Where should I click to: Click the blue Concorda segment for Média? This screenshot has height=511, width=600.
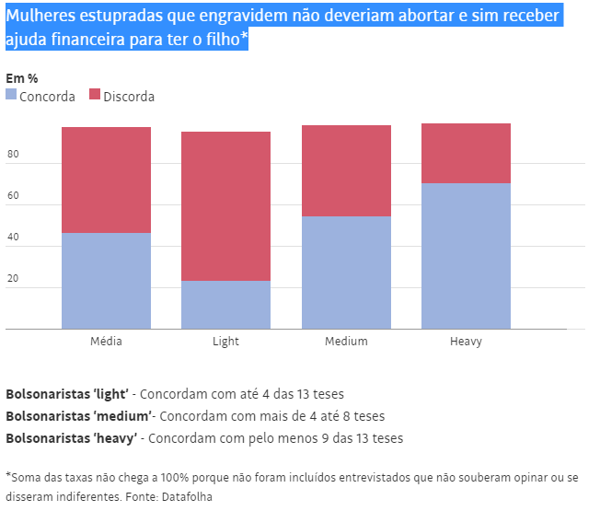pos(106,281)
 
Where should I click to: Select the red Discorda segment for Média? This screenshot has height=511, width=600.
pos(106,180)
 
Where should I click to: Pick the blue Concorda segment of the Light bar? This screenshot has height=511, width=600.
pos(225,305)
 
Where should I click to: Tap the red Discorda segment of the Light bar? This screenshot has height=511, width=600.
pos(225,206)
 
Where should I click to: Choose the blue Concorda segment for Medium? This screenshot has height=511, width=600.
pos(346,273)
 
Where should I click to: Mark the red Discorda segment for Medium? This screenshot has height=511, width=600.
pos(346,170)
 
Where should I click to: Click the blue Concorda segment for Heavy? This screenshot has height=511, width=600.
pos(466,256)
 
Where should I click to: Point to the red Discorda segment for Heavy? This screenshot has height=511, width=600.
pos(466,153)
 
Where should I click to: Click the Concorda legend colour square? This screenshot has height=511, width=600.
pos(11,95)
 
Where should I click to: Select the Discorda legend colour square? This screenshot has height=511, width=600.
pos(95,95)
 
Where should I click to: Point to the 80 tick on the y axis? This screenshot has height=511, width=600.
pos(13,156)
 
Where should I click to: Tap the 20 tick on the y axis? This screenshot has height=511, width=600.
pos(13,280)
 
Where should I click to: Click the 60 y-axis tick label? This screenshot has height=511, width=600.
pos(13,197)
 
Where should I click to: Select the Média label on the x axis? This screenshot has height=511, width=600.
pos(106,342)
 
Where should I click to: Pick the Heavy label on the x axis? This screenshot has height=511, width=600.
pos(466,342)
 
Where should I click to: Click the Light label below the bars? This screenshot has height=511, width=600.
pos(225,342)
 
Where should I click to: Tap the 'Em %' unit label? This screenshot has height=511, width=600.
pos(21,78)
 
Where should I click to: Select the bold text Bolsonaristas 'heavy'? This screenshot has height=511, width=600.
pos(72,438)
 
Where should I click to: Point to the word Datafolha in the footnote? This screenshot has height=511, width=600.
pos(190,496)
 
